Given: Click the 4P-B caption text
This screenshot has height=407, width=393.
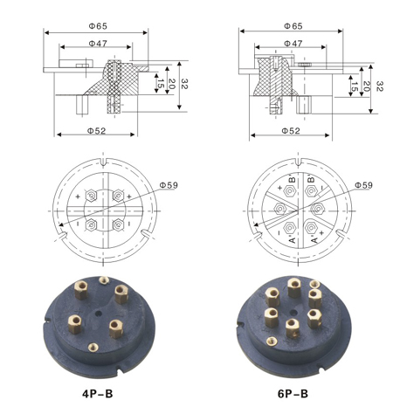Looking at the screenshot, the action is pos(98,394).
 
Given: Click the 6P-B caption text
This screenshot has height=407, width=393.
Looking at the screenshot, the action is pos(293,394).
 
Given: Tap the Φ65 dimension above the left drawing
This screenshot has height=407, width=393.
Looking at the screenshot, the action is pos(98,26).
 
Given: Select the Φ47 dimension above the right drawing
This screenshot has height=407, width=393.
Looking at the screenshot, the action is pos(293,44).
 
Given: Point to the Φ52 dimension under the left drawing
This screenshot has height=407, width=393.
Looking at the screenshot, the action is pos(96,131).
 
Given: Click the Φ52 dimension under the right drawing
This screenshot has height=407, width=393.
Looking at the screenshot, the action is pos(291,131).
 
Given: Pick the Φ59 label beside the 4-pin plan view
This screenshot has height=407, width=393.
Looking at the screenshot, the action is pos(169,185).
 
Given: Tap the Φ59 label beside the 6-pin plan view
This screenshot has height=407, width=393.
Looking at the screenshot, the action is pos(363,185).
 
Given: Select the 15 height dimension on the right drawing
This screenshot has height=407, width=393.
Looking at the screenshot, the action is pos(355,86).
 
